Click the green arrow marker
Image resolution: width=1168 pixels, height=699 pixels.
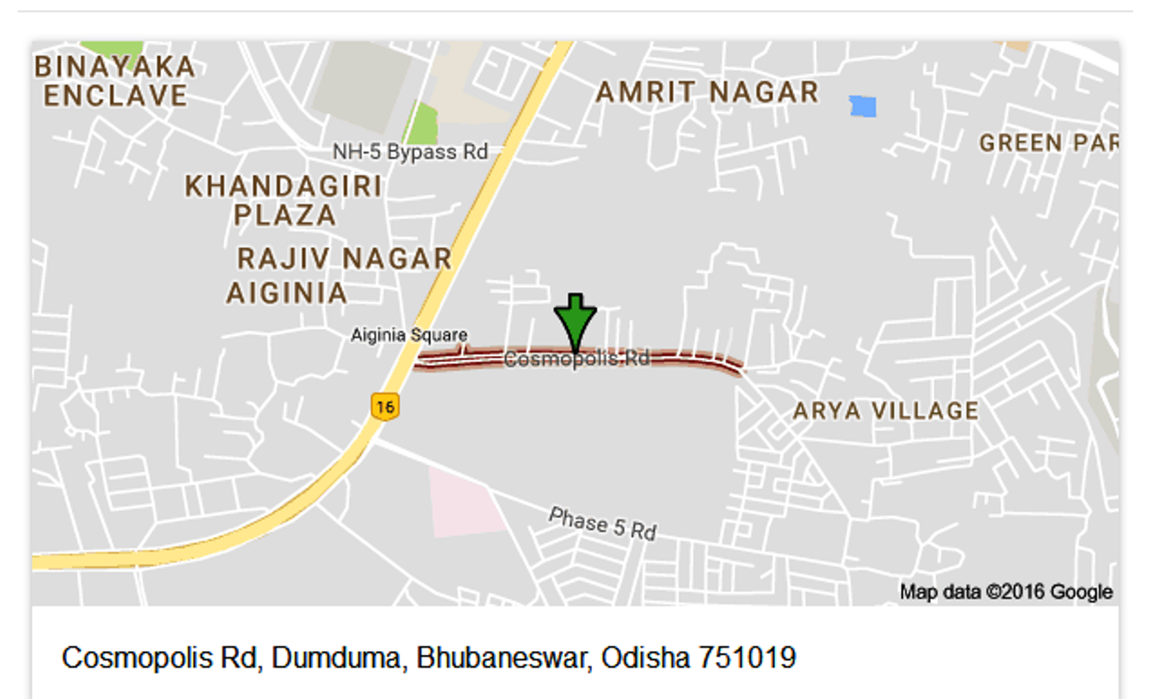(x=575, y=321)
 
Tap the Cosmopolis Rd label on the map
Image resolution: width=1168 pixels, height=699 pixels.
(x=577, y=359)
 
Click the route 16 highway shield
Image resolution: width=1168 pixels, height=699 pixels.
(x=385, y=406)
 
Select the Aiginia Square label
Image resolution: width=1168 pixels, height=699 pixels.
(x=409, y=336)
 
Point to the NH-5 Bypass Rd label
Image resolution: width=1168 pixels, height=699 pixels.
(x=410, y=152)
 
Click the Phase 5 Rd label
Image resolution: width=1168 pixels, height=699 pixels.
(x=602, y=523)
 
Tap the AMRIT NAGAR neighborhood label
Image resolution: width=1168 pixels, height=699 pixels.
(x=707, y=92)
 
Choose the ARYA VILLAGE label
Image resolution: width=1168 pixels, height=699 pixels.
(x=885, y=412)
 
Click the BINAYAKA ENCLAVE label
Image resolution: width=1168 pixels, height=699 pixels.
(x=114, y=81)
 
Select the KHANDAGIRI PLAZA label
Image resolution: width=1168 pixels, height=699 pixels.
(x=284, y=200)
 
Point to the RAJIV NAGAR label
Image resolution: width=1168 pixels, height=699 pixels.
(x=344, y=259)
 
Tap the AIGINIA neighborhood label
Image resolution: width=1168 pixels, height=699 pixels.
(x=287, y=294)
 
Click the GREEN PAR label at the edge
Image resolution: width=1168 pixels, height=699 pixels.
(x=1048, y=143)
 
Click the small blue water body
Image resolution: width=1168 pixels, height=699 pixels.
(x=862, y=106)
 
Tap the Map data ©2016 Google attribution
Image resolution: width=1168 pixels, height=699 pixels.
(x=1006, y=592)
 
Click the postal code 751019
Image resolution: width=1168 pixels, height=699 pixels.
(x=747, y=658)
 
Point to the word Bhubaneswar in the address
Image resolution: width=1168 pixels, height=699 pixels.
(x=501, y=658)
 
